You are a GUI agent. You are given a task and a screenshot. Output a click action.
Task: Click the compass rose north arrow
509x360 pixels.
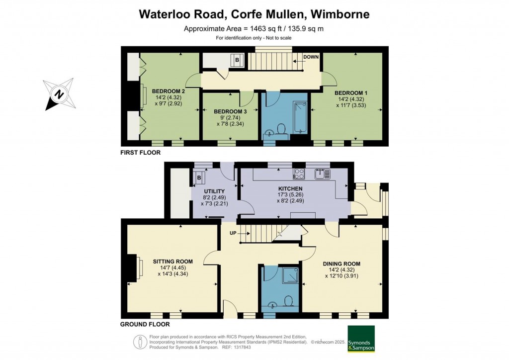(x=59, y=94)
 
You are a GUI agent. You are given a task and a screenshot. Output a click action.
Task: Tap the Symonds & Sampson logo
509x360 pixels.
(x=361, y=339)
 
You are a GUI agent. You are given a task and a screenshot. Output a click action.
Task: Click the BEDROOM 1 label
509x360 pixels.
(x=351, y=93)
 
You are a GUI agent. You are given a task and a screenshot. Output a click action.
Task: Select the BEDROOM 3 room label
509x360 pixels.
(x=230, y=112)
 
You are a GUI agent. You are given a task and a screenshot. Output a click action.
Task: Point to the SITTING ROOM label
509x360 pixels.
(x=172, y=262)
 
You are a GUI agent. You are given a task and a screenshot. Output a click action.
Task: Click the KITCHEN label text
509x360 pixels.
(x=290, y=188)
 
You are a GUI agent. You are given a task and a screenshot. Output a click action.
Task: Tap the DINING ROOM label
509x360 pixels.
(x=341, y=264)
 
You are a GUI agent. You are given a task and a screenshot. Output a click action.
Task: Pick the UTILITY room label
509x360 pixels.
(x=214, y=191)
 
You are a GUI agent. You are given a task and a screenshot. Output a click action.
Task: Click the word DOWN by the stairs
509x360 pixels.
(x=311, y=57)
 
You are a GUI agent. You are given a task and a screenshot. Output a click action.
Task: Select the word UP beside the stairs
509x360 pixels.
(x=233, y=233)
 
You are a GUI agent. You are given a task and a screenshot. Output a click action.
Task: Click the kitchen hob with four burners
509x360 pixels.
(x=299, y=174)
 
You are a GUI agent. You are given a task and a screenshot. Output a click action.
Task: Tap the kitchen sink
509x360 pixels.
(x=322, y=174)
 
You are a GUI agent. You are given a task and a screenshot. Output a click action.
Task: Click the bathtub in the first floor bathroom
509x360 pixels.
(x=300, y=117)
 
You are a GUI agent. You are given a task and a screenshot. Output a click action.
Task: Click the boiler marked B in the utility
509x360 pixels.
(x=199, y=178)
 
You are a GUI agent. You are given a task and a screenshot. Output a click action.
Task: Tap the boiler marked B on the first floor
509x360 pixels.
(x=237, y=60)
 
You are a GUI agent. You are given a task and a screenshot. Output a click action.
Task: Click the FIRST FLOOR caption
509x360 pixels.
(x=140, y=153)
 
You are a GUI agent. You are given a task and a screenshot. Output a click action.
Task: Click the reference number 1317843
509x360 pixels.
(x=242, y=348)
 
